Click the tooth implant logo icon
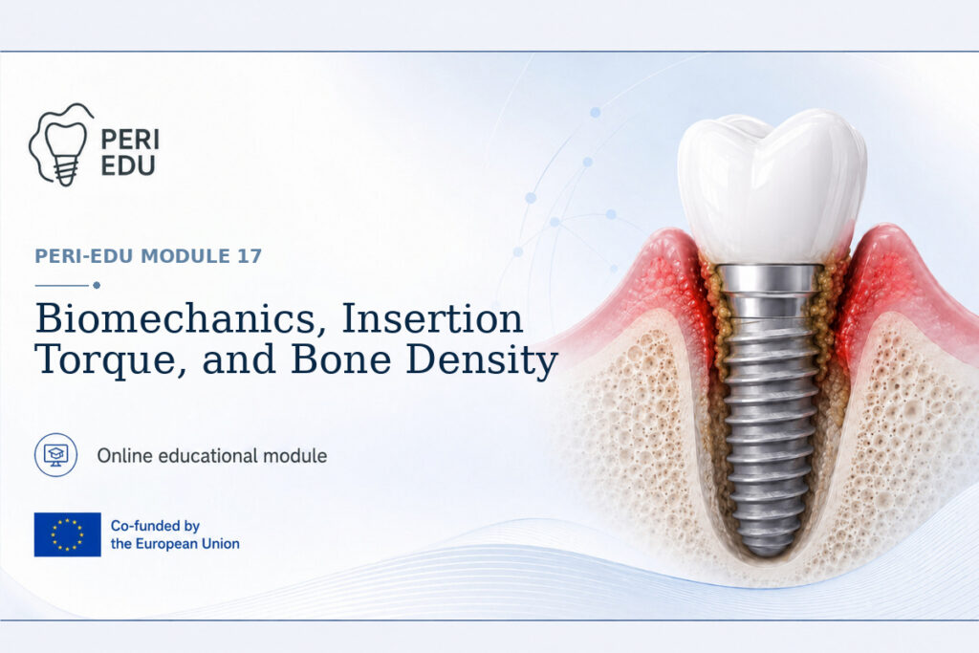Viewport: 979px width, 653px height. point(61,144)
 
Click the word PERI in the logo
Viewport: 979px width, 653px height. point(130,140)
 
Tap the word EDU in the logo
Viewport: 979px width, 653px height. point(128,166)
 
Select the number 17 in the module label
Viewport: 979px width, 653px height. point(250,256)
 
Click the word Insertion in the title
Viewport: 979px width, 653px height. point(432,318)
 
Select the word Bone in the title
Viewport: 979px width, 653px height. point(341,359)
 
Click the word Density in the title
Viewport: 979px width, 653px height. point(482,360)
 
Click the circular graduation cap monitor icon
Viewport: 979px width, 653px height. point(56,455)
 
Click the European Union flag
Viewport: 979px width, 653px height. point(68,534)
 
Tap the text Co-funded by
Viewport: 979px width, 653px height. point(155,526)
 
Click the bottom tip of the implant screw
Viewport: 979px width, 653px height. point(768,555)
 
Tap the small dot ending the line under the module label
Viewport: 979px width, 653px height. point(97,285)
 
